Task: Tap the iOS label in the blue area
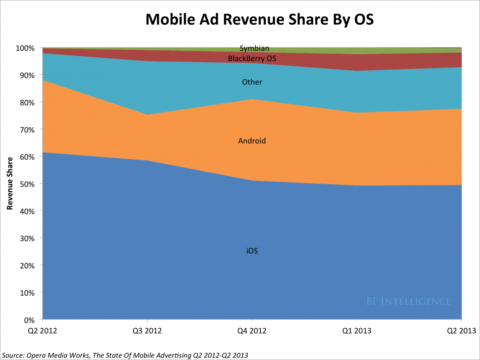click(x=252, y=251)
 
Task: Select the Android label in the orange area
click(x=252, y=141)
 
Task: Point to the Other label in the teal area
click(x=252, y=82)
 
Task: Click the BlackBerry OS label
click(x=252, y=59)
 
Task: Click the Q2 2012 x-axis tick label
click(x=42, y=331)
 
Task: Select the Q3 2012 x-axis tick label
click(x=147, y=331)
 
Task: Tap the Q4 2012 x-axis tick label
click(x=252, y=331)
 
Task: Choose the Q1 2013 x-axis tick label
click(x=357, y=331)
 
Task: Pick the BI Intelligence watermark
click(x=408, y=301)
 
